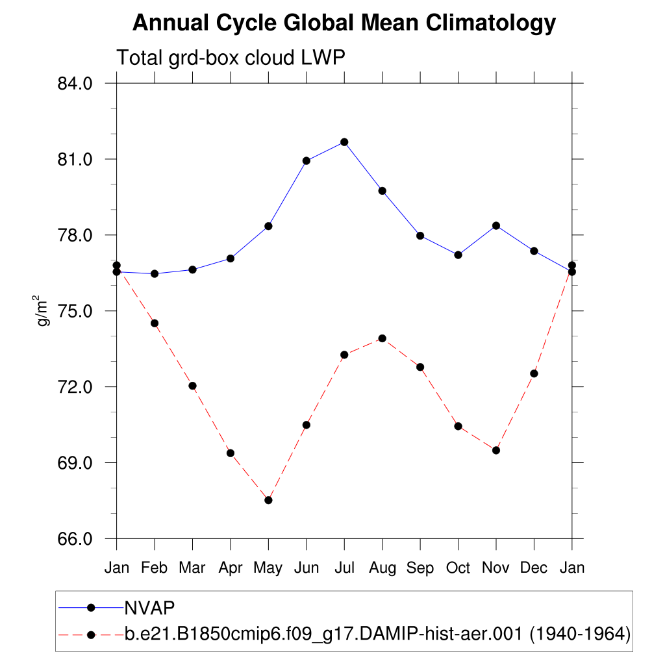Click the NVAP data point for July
coord(344,142)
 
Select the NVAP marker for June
coord(306,160)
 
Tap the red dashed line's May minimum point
coord(268,500)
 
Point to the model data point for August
coord(382,338)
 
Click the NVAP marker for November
coord(496,225)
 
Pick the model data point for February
coord(155,323)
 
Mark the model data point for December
coord(534,373)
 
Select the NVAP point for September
coord(420,236)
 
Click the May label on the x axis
coord(268,568)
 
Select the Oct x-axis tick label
coord(458,568)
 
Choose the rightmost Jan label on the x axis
coord(571,568)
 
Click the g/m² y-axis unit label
coord(43,310)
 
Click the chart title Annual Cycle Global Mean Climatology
coord(344,24)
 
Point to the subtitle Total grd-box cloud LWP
coord(230,58)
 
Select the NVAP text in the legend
coord(150,607)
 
